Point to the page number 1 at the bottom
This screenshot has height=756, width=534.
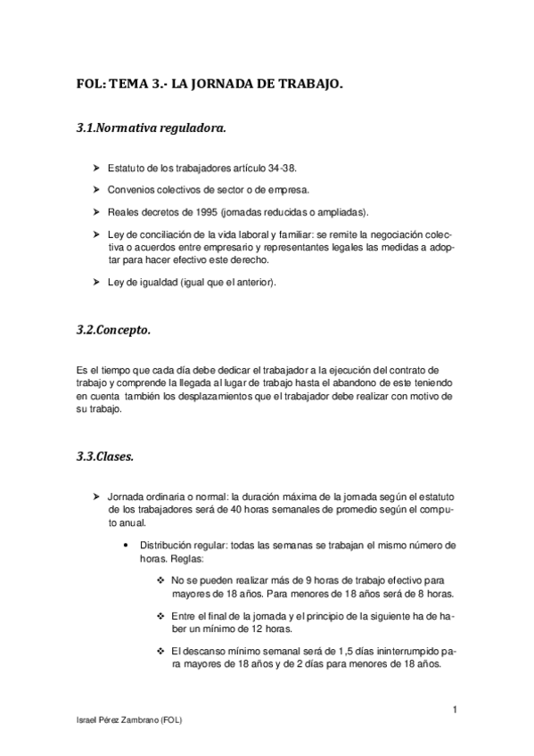pyautogui.click(x=455, y=709)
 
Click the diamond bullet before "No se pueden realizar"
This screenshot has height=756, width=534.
pyautogui.click(x=160, y=579)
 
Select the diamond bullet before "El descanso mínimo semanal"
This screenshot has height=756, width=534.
pyautogui.click(x=160, y=651)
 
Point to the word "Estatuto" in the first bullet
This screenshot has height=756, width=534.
pyautogui.click(x=124, y=168)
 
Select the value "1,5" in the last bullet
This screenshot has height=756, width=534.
pyautogui.click(x=336, y=651)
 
